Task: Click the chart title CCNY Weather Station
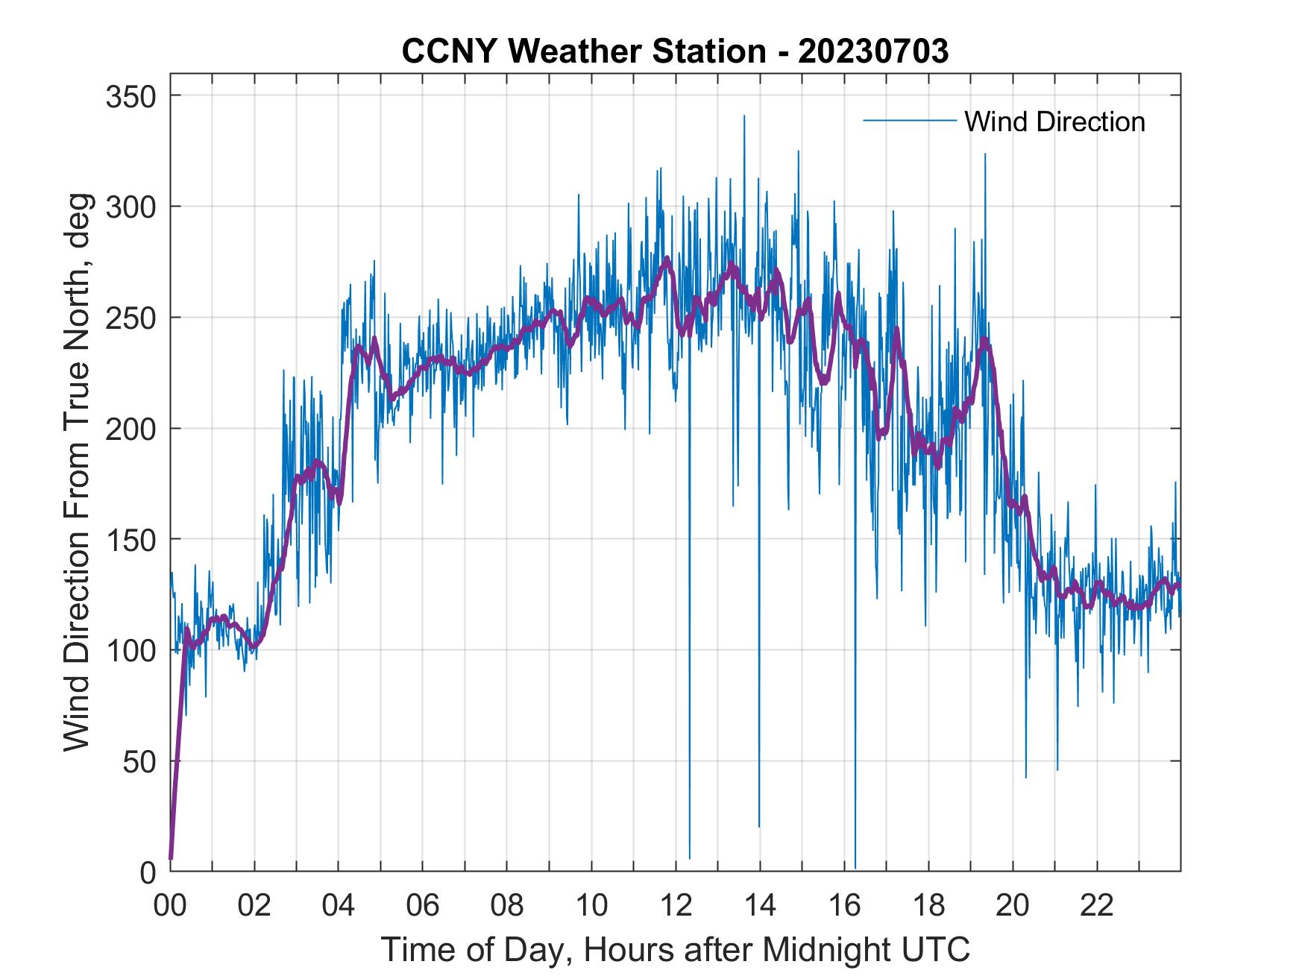click(x=675, y=51)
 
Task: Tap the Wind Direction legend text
click(x=1054, y=122)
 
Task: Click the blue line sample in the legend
click(x=909, y=121)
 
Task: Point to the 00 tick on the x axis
click(x=170, y=905)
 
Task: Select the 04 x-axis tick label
click(x=339, y=905)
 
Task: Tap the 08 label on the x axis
click(x=507, y=905)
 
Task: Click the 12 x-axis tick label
click(x=676, y=905)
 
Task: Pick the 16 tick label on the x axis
click(x=844, y=905)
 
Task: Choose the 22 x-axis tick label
click(x=1097, y=905)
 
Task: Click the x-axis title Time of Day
click(x=675, y=949)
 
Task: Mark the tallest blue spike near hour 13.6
click(x=743, y=116)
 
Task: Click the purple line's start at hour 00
click(x=171, y=858)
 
